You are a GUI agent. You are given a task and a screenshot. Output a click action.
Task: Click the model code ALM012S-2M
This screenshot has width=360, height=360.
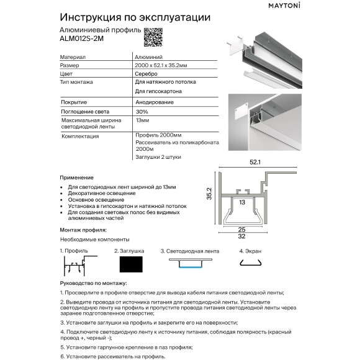pos(81,41)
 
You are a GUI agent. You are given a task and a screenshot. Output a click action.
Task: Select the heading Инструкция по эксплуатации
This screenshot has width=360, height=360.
pos(134,17)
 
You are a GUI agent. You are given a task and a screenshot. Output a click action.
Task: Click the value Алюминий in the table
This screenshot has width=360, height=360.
pos(146,56)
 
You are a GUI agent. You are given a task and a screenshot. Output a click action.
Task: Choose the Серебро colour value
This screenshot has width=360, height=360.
pos(146,73)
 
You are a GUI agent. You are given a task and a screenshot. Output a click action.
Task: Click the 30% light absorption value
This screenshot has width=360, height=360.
pos(142,110)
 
